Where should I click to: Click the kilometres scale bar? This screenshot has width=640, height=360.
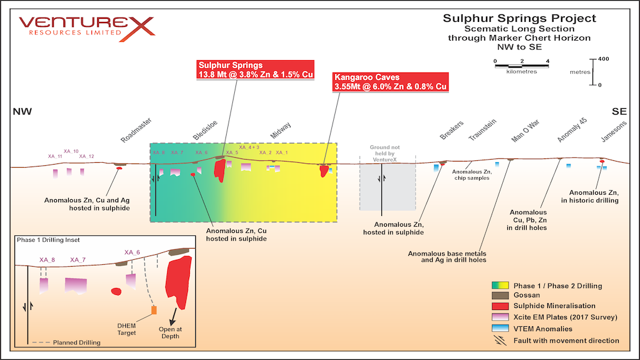(x=521, y=64)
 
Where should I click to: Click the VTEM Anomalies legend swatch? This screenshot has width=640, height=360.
(x=499, y=329)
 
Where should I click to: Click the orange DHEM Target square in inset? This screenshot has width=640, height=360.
(x=153, y=310)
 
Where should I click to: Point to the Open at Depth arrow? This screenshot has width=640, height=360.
(x=172, y=316)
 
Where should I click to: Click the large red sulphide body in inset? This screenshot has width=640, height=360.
(x=178, y=280)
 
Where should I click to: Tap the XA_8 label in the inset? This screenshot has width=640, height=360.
(x=47, y=260)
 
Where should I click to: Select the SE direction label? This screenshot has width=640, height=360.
(x=619, y=111)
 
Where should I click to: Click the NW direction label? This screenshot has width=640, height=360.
(x=22, y=111)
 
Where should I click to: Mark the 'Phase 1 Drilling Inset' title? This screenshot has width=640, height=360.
(x=48, y=240)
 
